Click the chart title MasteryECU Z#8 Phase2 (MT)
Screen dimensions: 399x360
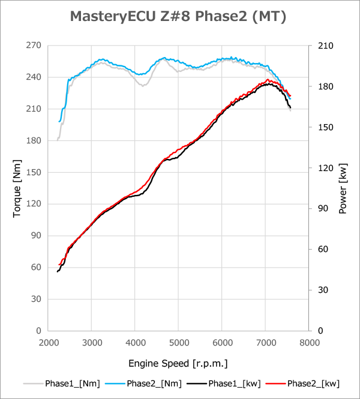click(x=178, y=17)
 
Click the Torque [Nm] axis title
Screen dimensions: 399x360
click(x=17, y=188)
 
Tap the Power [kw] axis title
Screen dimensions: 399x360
click(x=343, y=188)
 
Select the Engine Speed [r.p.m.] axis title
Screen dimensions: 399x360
click(x=178, y=364)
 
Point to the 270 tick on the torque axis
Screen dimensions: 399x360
click(x=33, y=46)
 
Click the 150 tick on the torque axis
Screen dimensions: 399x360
click(x=33, y=172)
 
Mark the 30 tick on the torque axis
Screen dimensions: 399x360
click(x=35, y=299)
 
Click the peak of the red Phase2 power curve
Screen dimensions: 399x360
click(x=268, y=79)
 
